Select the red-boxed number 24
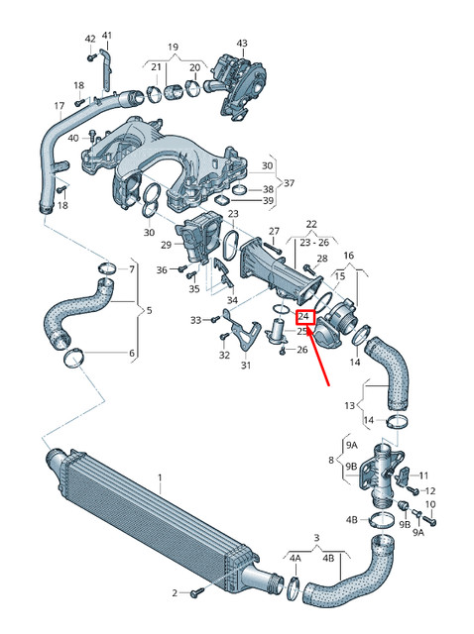[304, 317]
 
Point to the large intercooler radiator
[149, 525]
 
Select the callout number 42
[89, 39]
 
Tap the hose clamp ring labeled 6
[73, 358]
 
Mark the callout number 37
[289, 183]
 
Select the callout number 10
[430, 505]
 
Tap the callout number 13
[348, 406]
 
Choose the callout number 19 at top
[173, 47]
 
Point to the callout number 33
[196, 319]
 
